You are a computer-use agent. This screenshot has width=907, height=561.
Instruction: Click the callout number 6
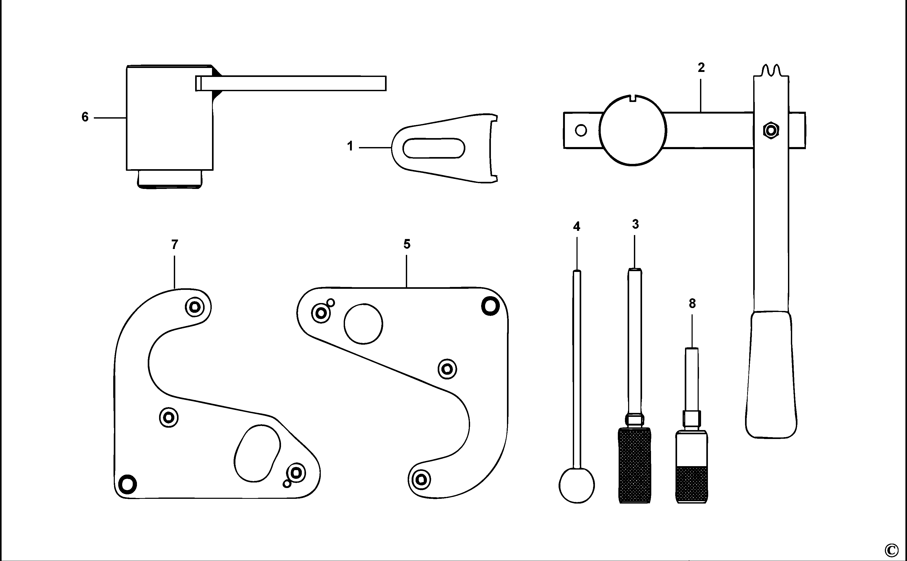(x=85, y=117)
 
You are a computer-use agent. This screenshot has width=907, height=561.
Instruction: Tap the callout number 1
(x=350, y=147)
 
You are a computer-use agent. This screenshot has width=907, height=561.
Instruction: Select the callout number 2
(x=701, y=67)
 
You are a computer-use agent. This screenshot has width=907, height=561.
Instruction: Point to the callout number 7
(x=175, y=245)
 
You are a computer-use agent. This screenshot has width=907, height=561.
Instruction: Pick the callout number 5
(x=407, y=244)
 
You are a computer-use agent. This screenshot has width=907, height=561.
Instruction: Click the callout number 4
(x=576, y=227)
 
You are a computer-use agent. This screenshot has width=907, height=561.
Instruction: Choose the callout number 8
(x=692, y=304)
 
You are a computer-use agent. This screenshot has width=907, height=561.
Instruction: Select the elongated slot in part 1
(x=433, y=148)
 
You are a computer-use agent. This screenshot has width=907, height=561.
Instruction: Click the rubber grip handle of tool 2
(x=771, y=375)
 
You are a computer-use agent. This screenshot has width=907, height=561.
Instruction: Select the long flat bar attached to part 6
(x=291, y=83)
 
